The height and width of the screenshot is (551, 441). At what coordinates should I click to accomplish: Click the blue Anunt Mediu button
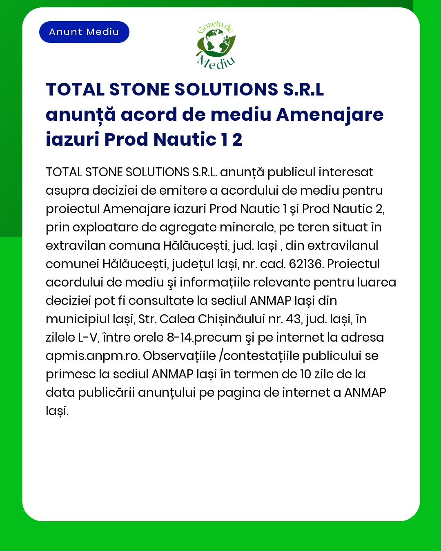coord(84,32)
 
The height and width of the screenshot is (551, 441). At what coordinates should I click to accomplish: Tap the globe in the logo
coord(216,42)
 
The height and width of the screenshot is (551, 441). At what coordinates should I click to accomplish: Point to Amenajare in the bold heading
coord(330,115)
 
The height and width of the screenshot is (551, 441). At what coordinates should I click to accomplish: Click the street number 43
coord(293,319)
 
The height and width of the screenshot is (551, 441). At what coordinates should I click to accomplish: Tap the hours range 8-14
coord(179,338)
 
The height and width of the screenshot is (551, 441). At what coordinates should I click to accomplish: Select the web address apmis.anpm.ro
coord(92,356)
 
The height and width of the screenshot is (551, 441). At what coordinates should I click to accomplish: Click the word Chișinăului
coord(232,319)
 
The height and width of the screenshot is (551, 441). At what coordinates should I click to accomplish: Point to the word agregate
coord(187,227)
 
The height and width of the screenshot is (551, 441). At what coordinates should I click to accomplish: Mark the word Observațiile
coord(179,356)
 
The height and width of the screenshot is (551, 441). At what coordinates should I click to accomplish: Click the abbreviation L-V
coord(88,338)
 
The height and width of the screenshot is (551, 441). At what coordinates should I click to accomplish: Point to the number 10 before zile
coord(305,374)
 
